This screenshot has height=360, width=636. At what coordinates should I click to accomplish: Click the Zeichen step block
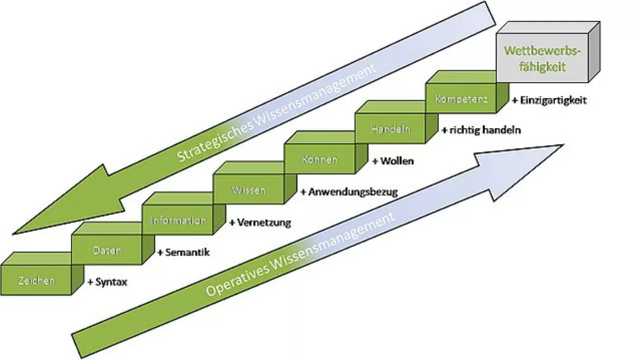pos(36,280)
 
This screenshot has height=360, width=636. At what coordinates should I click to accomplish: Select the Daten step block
pos(107,250)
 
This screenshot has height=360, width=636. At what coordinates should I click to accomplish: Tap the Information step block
pos(178,220)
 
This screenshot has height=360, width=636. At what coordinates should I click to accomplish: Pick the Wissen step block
pos(249,190)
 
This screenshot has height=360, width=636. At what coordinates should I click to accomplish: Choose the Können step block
pos(319,159)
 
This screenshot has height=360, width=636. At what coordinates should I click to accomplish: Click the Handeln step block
pos(391,129)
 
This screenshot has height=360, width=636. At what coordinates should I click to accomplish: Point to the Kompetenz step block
pos(461,99)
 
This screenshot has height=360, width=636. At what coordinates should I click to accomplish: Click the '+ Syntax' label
pos(107,283)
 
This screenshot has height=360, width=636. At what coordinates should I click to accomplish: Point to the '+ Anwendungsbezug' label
pos(349,192)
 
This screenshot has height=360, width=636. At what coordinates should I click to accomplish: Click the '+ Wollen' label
pos(393,161)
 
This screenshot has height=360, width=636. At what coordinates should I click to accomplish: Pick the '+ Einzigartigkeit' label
pos(549,100)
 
